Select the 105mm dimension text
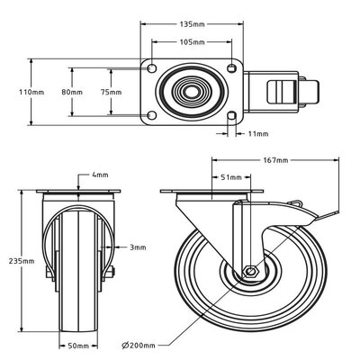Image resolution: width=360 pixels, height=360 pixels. point(192,41)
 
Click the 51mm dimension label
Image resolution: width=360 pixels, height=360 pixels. point(230,177)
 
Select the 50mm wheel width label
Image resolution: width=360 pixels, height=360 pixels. point(79,344)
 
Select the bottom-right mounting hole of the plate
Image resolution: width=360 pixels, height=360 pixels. point(233,115)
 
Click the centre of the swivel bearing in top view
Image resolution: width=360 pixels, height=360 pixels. point(192,92)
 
